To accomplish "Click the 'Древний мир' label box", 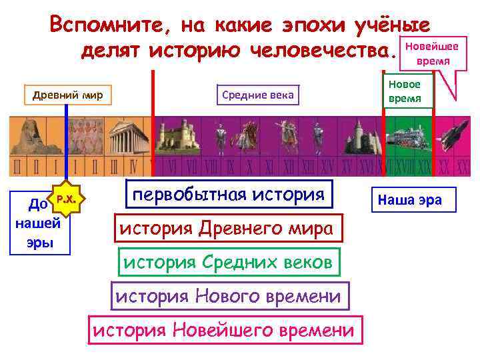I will click(x=67, y=95).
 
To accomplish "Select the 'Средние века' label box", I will click(x=257, y=95).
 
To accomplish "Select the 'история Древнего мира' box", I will click(x=229, y=229).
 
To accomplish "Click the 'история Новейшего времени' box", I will click(x=224, y=329).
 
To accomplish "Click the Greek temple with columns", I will click(x=124, y=139).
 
